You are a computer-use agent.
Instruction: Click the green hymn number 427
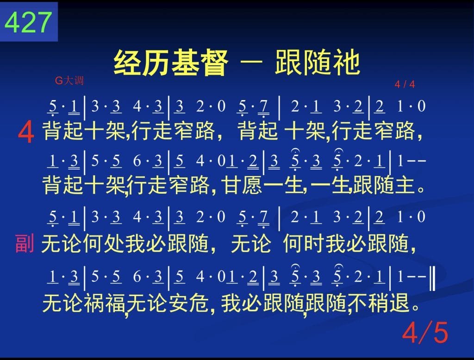point(28,22)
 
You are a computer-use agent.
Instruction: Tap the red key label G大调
point(69,81)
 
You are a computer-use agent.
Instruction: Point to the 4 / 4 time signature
point(405,84)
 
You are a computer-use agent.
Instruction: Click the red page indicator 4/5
point(425,333)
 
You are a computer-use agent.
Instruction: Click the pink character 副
point(25,243)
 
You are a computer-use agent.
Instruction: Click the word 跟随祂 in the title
point(318,63)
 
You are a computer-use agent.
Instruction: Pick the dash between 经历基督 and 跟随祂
point(251,62)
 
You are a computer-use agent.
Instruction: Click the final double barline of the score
point(433,277)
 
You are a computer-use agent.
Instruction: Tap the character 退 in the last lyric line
point(399,303)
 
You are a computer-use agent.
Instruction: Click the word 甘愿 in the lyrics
point(242,185)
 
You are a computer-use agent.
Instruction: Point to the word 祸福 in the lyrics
point(105,303)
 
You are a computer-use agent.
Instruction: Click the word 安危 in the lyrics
point(188,303)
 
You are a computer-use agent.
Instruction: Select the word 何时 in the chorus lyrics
point(304,243)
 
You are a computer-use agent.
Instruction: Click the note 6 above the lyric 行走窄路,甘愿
point(137,161)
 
